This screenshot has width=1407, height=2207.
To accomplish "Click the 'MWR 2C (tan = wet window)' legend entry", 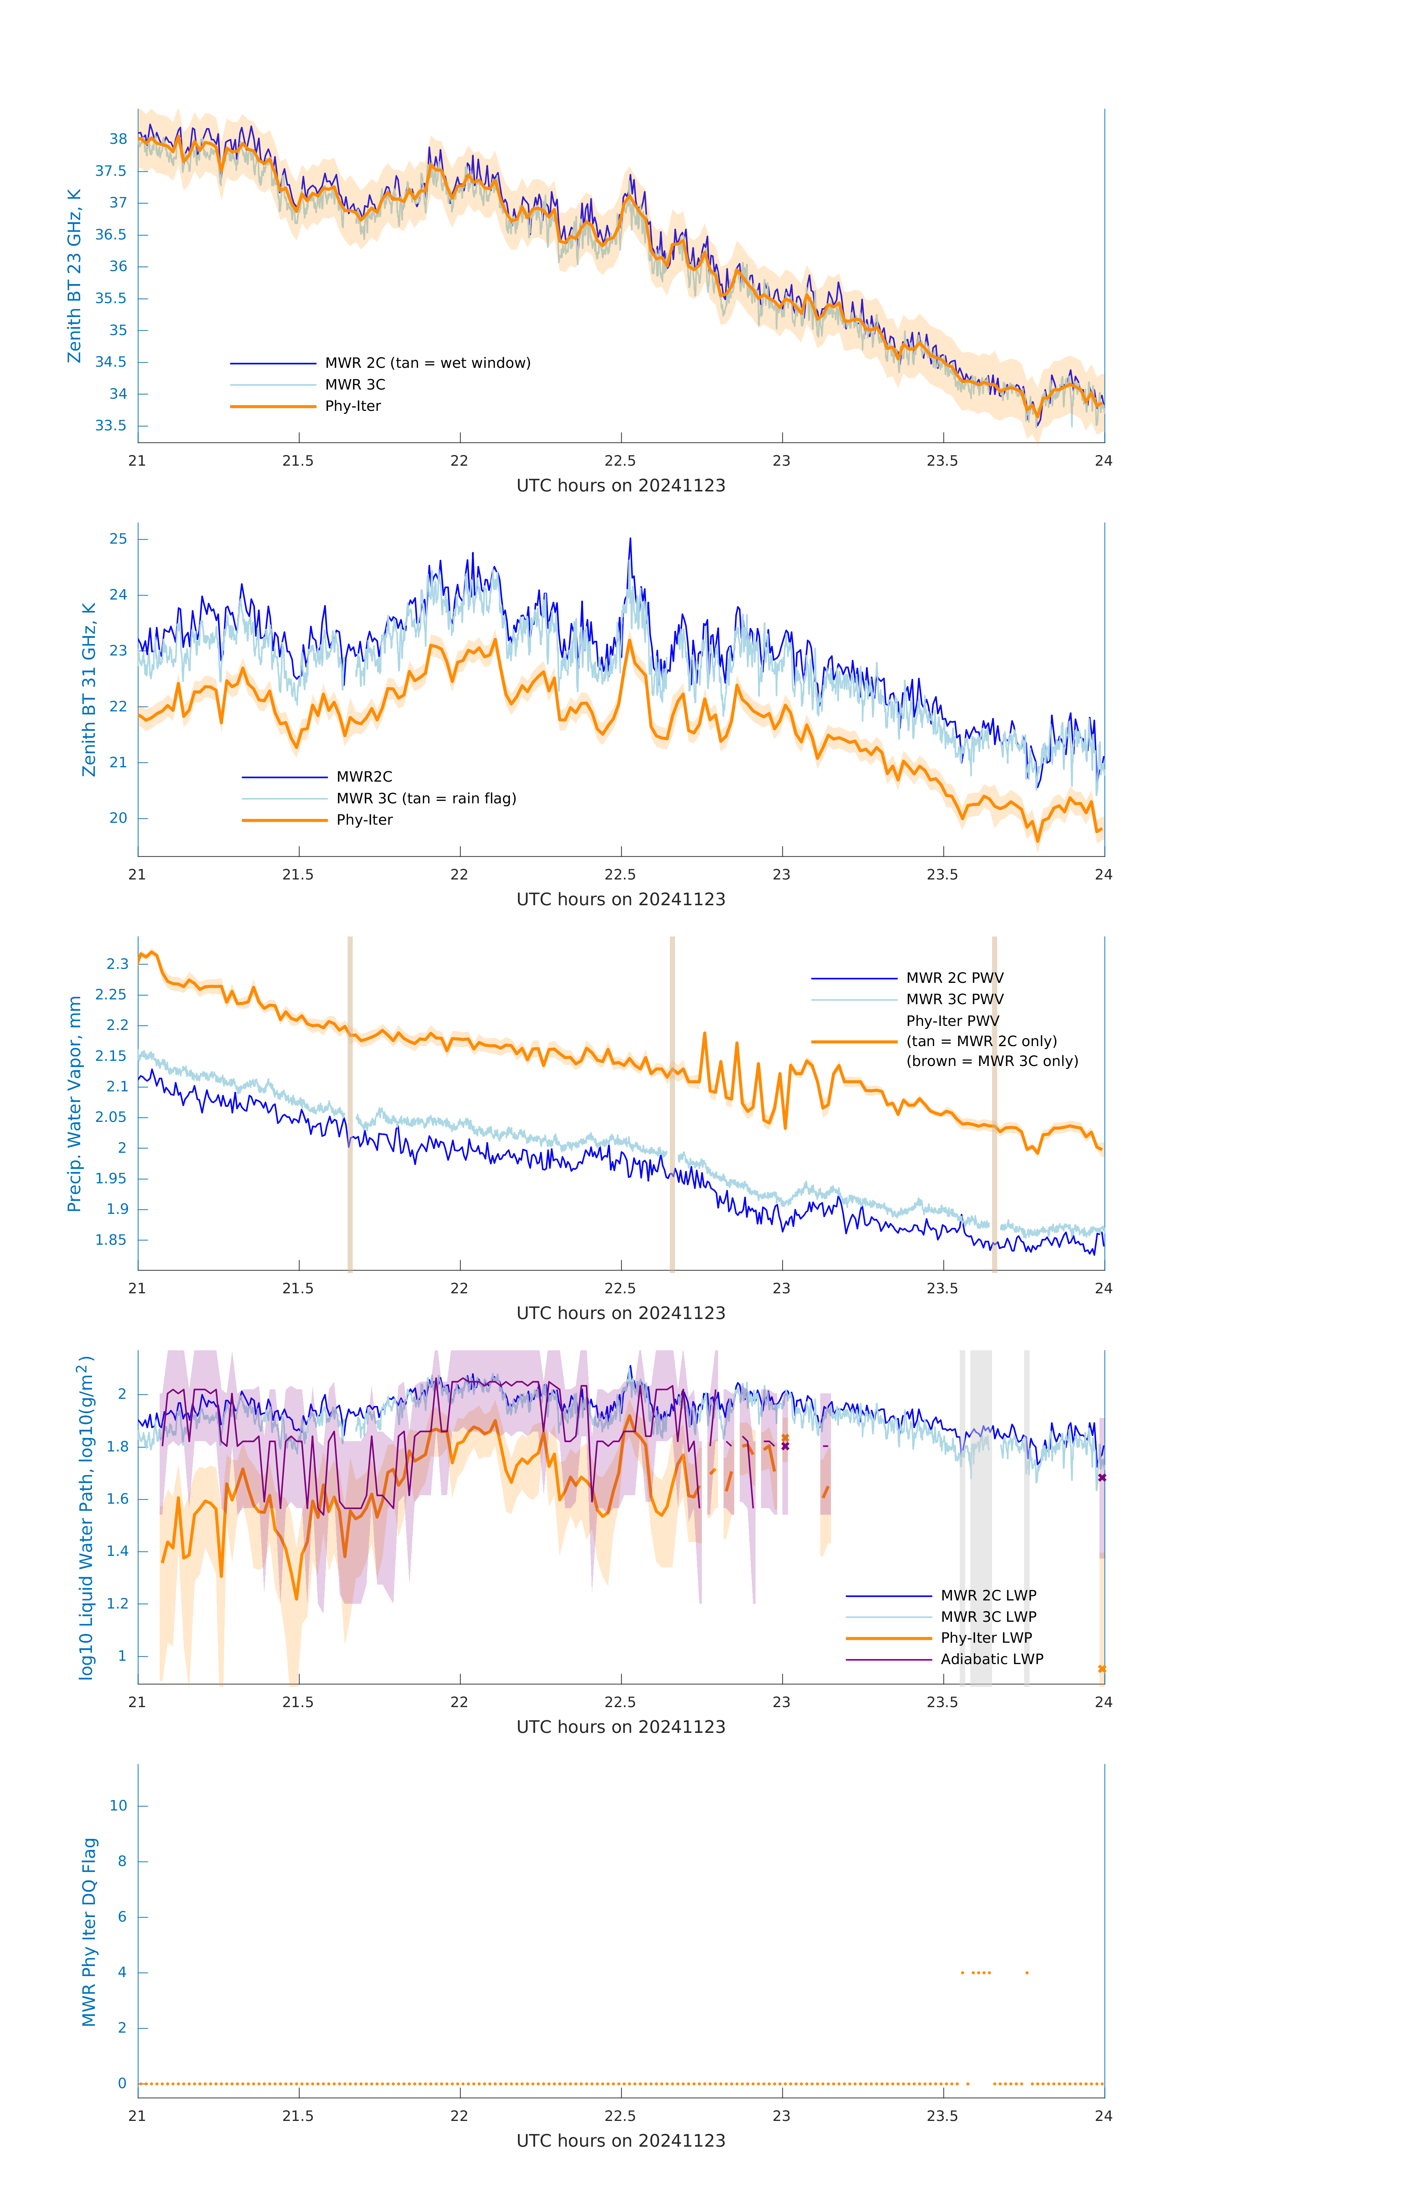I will click(x=427, y=363).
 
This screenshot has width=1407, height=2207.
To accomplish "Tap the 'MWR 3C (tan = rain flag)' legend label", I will click(x=426, y=798).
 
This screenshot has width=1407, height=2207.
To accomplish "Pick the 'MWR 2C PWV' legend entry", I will click(x=954, y=978).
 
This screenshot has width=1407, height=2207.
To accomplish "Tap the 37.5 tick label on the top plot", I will click(x=111, y=171).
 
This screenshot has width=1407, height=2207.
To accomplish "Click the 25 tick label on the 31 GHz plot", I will click(x=118, y=539).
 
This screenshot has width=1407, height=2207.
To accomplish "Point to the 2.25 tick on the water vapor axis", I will click(x=111, y=994).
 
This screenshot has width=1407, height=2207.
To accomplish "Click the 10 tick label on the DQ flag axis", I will click(x=118, y=1806).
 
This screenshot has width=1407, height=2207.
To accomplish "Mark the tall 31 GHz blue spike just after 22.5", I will click(x=630, y=541).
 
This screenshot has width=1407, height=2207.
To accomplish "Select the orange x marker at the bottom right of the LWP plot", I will click(x=1102, y=1669).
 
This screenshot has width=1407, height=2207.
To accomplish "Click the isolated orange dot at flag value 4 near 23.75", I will click(x=1027, y=1972).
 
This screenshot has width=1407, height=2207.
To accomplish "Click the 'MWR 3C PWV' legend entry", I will click(x=954, y=999).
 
